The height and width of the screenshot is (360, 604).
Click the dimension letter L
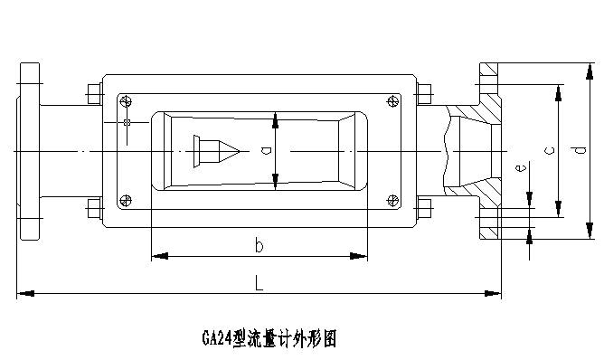tap(259, 283)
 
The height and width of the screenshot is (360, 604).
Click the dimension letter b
tap(259, 245)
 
